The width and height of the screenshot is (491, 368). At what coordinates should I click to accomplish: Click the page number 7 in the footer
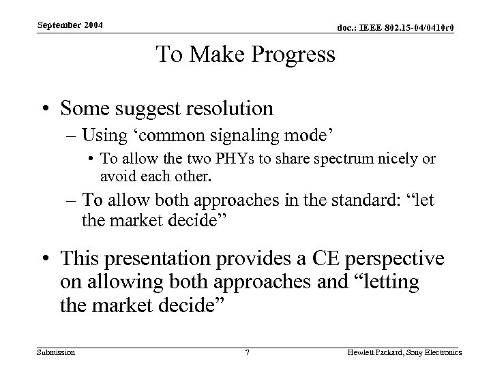pos(247,353)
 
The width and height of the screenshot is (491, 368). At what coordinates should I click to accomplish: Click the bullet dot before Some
pos(44,109)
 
